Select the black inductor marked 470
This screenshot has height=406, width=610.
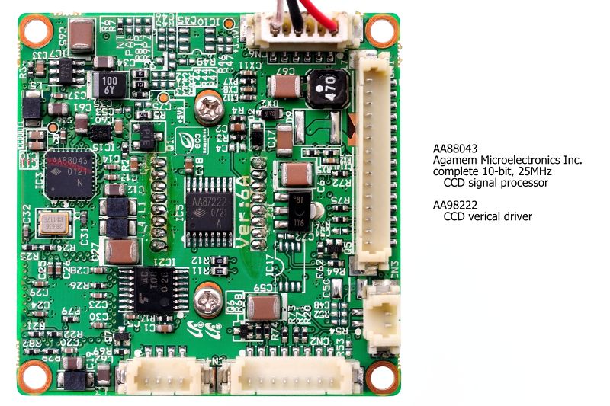325,88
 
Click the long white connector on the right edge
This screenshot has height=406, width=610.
371,160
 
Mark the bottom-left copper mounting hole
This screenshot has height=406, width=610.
35,375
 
